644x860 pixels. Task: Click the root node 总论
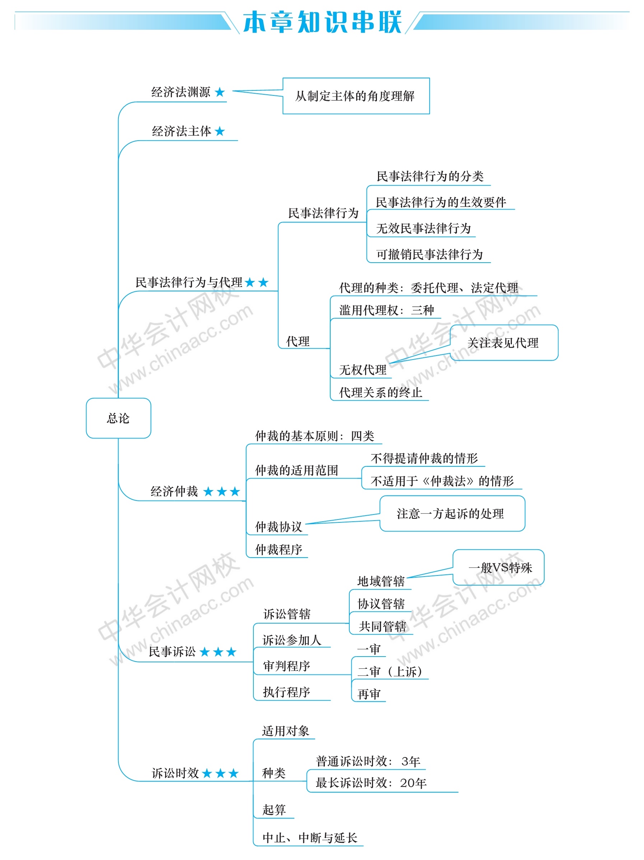tap(118, 418)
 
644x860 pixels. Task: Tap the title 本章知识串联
tap(322, 22)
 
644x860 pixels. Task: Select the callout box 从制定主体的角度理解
tap(356, 96)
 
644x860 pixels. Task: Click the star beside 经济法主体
tap(220, 131)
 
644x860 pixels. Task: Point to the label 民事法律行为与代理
tap(189, 282)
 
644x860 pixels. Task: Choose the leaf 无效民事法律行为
tap(424, 228)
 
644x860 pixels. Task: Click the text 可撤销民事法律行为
tap(429, 254)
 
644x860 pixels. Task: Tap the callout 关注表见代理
tap(504, 343)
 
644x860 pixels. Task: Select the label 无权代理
tap(363, 370)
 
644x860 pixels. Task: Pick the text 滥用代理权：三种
tap(387, 310)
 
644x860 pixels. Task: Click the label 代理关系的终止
tap(381, 392)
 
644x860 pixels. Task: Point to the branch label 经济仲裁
tap(174, 492)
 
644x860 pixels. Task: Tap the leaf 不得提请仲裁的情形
tap(424, 459)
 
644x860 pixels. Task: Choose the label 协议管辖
tap(381, 604)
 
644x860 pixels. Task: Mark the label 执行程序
tap(286, 692)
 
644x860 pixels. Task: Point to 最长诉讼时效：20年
tap(372, 783)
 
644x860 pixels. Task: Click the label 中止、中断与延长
tap(310, 838)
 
